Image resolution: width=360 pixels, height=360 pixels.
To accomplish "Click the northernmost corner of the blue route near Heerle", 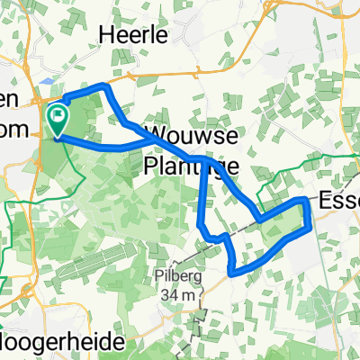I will (107, 86).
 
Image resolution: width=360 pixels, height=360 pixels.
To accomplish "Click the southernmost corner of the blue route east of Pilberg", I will (232, 271).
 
